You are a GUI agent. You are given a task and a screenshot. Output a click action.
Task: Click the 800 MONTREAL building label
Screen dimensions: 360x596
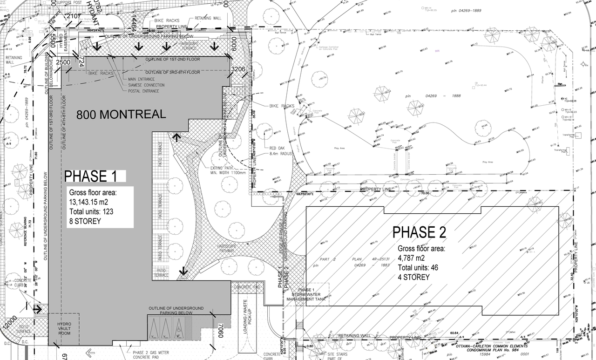(x=121, y=115)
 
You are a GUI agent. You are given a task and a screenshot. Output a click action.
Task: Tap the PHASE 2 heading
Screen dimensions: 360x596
(x=419, y=232)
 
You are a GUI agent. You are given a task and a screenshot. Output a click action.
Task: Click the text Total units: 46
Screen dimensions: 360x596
(x=419, y=268)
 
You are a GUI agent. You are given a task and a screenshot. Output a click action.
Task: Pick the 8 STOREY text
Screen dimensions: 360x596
(x=85, y=221)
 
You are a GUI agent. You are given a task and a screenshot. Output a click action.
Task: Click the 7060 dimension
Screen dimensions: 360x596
(x=221, y=332)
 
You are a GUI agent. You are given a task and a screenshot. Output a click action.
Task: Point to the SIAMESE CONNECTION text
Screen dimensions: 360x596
(x=146, y=85)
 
